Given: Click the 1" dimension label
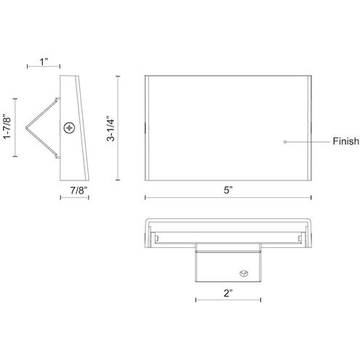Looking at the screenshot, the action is coord(44,62).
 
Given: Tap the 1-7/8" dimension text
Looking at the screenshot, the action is coord(7,127).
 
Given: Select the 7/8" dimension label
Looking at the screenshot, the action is coord(77,191).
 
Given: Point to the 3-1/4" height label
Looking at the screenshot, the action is coord(111,129).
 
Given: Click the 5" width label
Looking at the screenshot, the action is coord(228,190).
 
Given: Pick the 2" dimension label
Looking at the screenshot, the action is coord(228,293).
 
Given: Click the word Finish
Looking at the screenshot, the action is coord(345,141).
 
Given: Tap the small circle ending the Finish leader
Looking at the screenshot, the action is coord(285,142).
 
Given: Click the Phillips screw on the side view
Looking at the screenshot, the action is coord(69,128).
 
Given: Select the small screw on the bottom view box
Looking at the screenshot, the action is coord(244,273).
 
